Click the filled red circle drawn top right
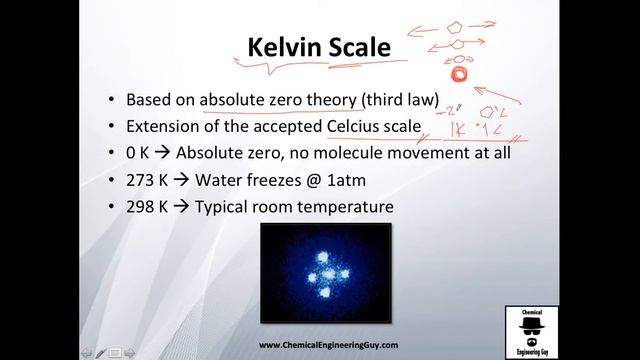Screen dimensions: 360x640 [459, 73]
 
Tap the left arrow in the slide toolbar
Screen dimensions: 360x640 [87, 353]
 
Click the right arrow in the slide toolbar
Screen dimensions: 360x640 [130, 353]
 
